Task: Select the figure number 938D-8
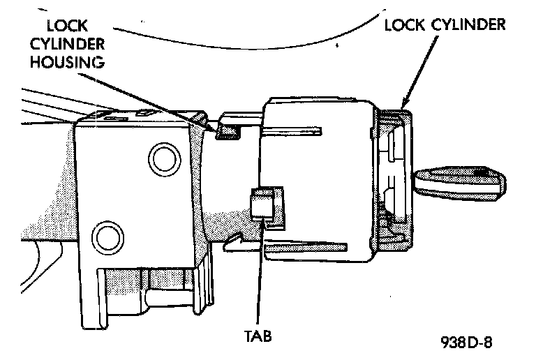tap(470, 343)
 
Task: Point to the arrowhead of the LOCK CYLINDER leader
tap(403, 105)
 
